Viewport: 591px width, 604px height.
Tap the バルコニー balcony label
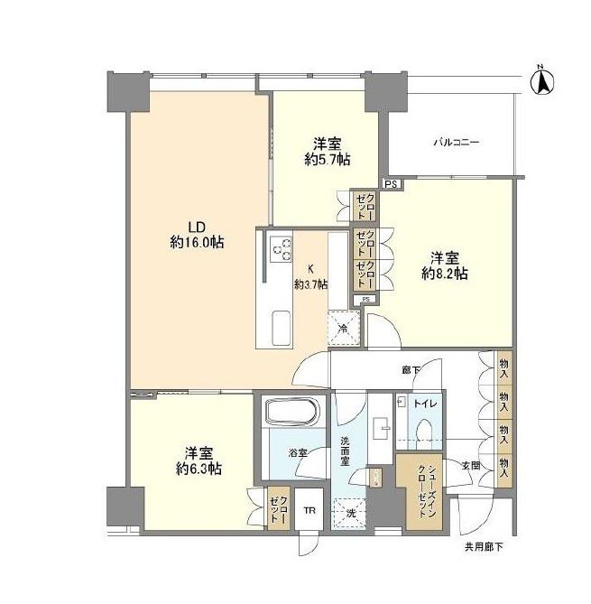pyautogui.click(x=455, y=143)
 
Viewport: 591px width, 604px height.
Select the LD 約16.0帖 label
pyautogui.click(x=196, y=235)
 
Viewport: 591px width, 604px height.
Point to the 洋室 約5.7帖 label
pyautogui.click(x=327, y=151)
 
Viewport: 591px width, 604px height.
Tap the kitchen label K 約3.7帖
pyautogui.click(x=311, y=276)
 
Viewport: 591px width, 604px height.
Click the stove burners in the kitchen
pyautogui.click(x=281, y=246)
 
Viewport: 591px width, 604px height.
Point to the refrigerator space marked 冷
pyautogui.click(x=343, y=327)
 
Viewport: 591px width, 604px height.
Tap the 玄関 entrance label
pyautogui.click(x=471, y=467)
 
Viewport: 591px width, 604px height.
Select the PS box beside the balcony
pyautogui.click(x=390, y=184)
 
